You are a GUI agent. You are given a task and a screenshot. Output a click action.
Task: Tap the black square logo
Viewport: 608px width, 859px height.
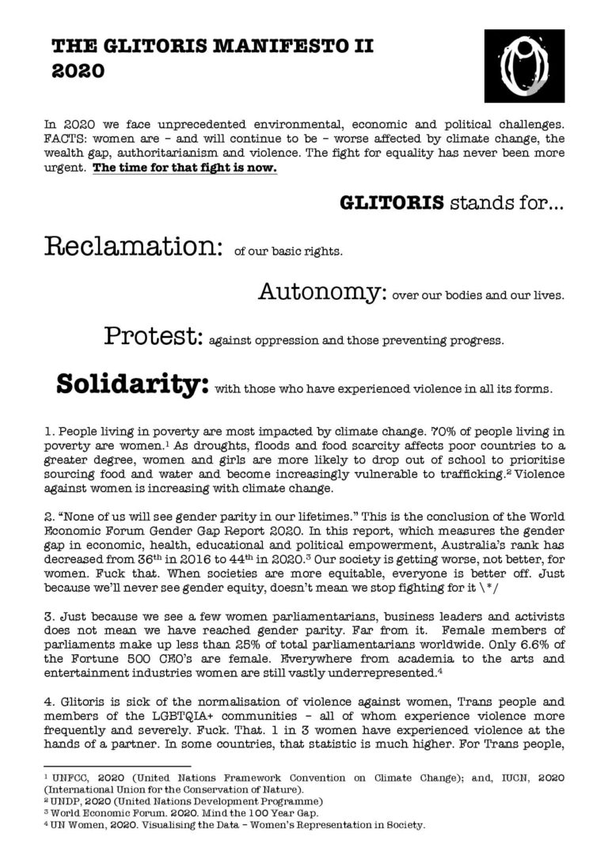pyautogui.click(x=524, y=70)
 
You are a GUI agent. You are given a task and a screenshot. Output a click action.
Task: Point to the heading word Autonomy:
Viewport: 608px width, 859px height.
pyautogui.click(x=321, y=293)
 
